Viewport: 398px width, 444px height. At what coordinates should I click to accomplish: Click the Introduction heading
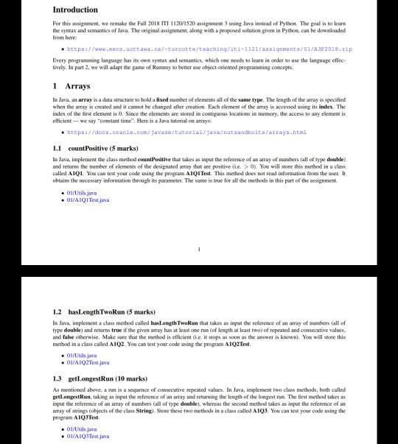75,10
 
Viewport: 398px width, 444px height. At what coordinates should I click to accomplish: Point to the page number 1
199,250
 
